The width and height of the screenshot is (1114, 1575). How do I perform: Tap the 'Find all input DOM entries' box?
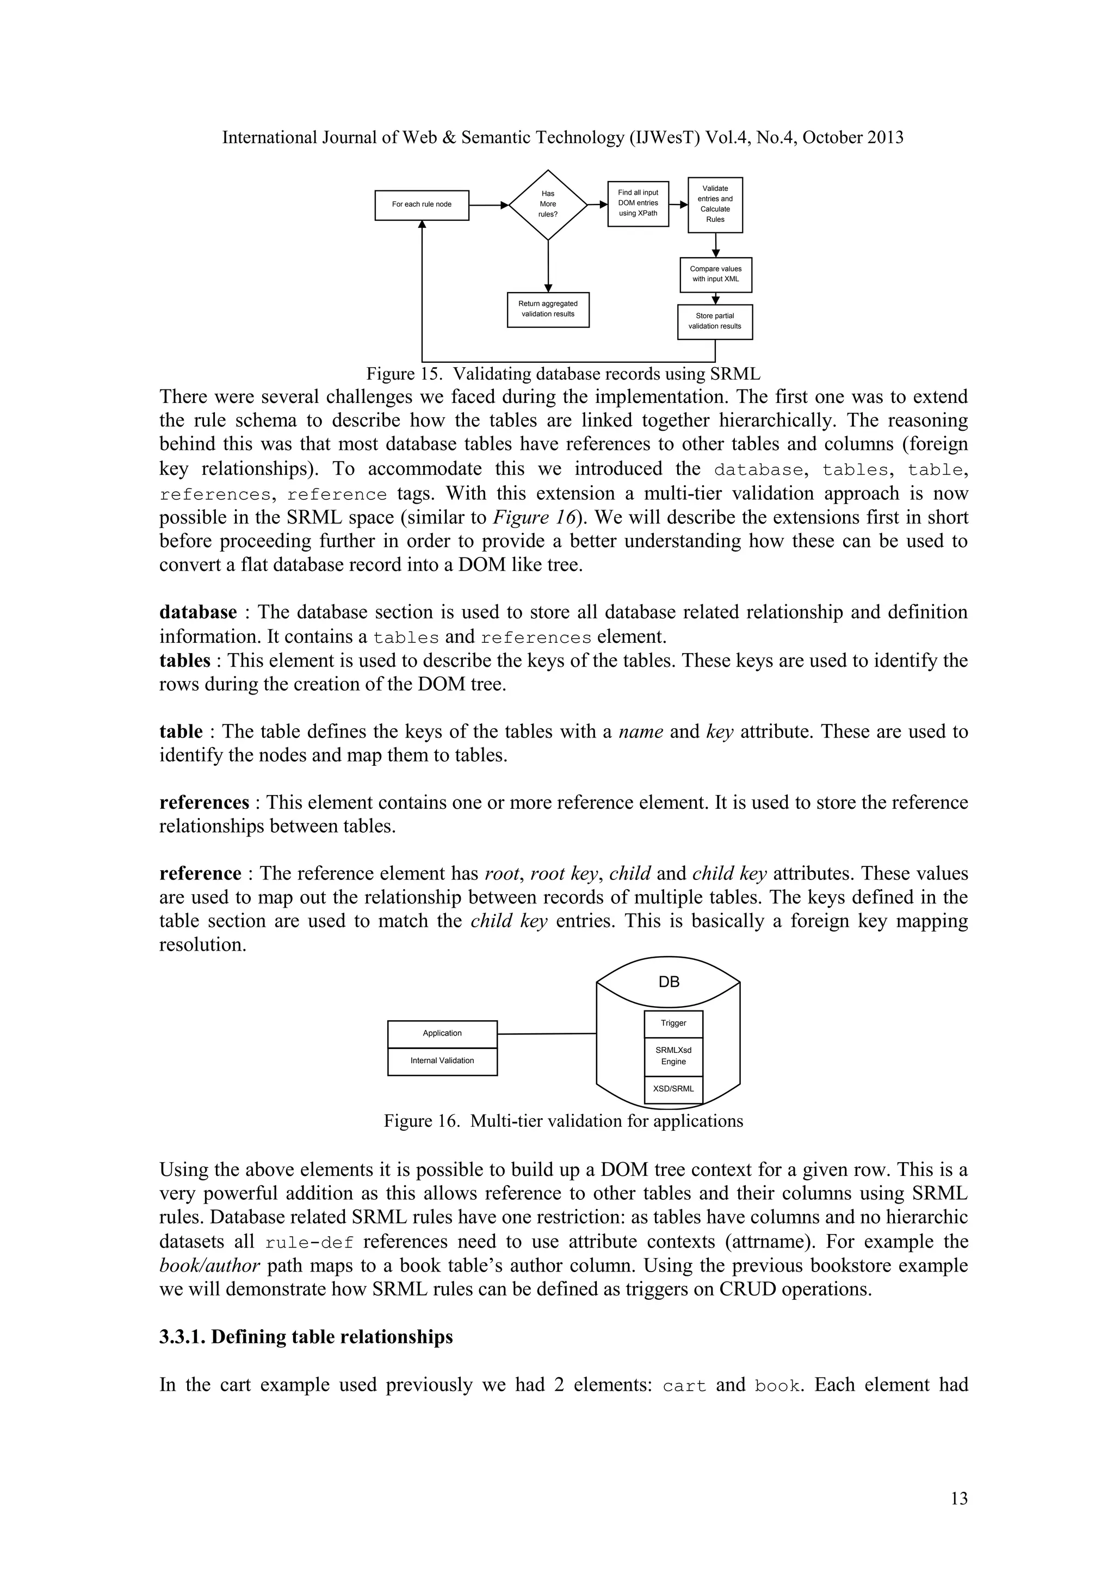click(x=638, y=203)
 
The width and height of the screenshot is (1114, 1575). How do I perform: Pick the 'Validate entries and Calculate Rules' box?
click(x=715, y=204)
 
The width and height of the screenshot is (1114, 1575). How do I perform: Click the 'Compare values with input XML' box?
click(x=715, y=275)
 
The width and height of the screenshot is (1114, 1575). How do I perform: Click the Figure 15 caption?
click(x=562, y=374)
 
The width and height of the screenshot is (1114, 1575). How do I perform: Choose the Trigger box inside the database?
click(x=673, y=1023)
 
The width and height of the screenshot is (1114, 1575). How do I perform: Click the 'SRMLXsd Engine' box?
click(x=673, y=1056)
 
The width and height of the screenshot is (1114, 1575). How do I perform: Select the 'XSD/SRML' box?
click(x=673, y=1089)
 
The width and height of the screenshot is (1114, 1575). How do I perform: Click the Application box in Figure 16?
click(x=442, y=1033)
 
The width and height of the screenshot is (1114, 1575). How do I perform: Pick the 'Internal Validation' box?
click(x=442, y=1061)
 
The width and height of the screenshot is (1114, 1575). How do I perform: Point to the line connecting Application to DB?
click(x=546, y=1033)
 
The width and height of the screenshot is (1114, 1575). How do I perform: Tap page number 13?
click(x=959, y=1498)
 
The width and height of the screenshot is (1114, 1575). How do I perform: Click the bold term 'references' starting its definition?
click(x=204, y=803)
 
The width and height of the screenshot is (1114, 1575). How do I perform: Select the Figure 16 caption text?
click(x=562, y=1121)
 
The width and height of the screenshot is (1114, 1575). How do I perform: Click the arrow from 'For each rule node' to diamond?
click(x=488, y=204)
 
